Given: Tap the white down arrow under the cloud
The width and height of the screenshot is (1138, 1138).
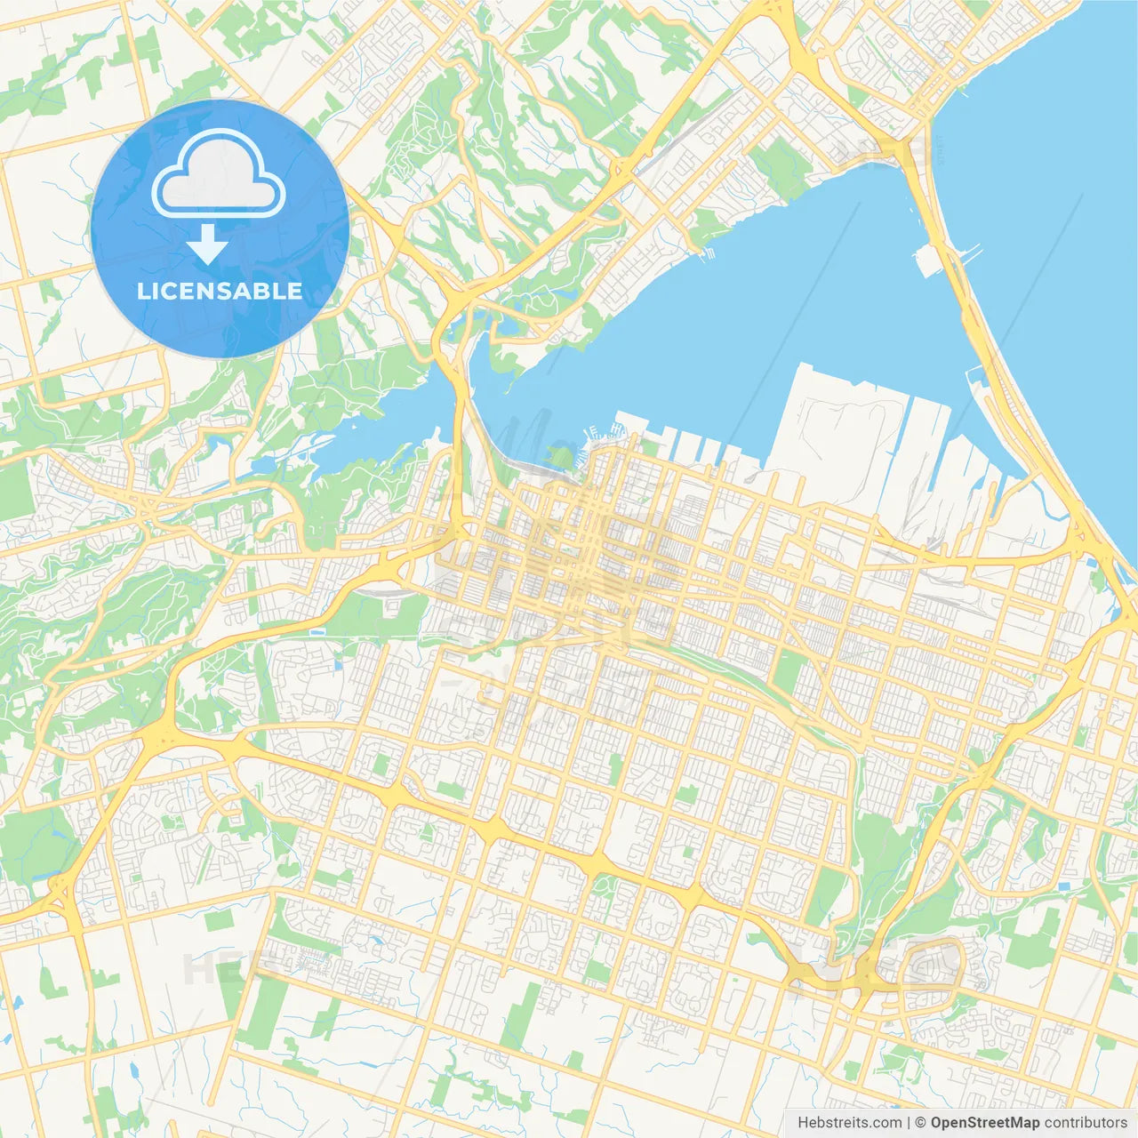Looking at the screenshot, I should click(207, 244).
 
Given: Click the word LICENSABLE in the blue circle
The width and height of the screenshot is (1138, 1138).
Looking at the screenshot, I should click(220, 291).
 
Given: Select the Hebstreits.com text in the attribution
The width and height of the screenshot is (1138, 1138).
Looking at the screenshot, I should click(849, 1123).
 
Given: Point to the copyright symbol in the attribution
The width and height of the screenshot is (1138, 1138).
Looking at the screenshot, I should click(921, 1123).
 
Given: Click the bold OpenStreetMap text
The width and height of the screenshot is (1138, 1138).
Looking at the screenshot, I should click(985, 1123).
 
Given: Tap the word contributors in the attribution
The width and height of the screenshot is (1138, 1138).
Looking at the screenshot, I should click(1086, 1123).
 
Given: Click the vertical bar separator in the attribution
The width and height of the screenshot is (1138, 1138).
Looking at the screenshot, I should click(909, 1123).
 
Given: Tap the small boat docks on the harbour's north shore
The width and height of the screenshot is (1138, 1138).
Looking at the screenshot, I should click(707, 253).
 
